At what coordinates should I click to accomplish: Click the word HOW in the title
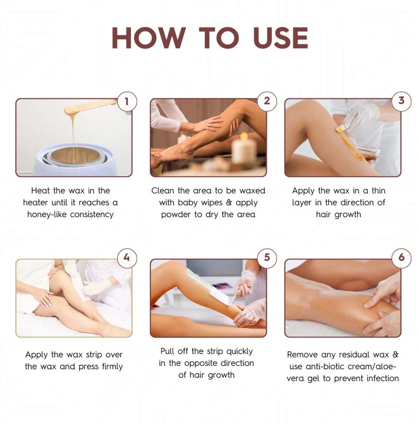[149, 38]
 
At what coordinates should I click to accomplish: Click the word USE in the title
[280, 38]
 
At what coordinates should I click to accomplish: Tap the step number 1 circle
[127, 101]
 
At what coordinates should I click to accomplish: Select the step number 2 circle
[267, 101]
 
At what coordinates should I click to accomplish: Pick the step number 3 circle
[402, 101]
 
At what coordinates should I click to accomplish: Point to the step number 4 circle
[127, 258]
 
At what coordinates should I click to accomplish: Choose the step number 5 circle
[267, 258]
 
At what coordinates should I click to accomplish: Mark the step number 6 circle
[402, 258]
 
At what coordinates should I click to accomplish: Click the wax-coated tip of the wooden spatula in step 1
[73, 110]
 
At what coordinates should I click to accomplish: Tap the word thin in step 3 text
[378, 191]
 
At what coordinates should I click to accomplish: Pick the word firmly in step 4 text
[112, 367]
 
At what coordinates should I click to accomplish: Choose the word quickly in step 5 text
[240, 352]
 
